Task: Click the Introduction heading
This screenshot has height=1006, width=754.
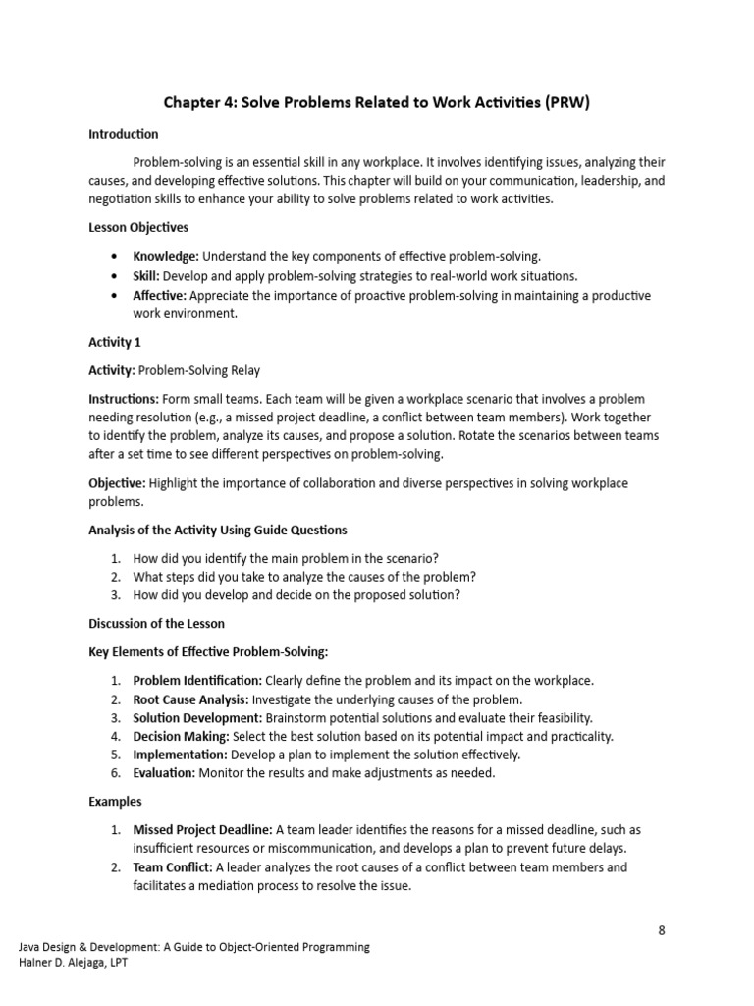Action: point(124,134)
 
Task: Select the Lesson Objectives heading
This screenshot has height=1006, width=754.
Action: point(138,228)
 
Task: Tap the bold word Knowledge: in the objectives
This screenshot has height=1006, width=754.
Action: point(166,256)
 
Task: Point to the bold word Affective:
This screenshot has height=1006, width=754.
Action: point(160,295)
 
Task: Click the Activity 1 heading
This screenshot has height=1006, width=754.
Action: point(115,342)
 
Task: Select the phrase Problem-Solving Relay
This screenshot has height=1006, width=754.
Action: point(199,370)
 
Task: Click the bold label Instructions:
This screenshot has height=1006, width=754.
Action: point(124,400)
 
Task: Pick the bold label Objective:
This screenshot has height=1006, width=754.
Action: point(117,483)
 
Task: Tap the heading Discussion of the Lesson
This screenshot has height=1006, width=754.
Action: point(156,623)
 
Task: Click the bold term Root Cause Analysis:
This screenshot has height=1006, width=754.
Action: point(191,699)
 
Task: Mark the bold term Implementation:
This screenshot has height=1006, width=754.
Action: point(180,754)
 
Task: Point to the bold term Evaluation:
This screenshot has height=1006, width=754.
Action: point(165,773)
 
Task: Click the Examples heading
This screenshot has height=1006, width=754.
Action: point(116,802)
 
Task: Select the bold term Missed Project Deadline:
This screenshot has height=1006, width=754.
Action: point(202,830)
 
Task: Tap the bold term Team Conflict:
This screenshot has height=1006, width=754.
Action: point(173,867)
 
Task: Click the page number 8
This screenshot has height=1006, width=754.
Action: point(662,930)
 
